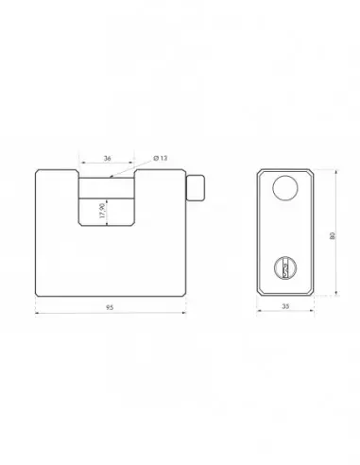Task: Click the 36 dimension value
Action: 108,158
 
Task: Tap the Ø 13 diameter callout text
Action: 161,158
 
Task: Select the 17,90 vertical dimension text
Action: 102,211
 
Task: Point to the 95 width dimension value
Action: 110,307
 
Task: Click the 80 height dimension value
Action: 333,236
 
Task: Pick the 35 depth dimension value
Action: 285,306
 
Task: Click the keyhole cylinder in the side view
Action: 285,267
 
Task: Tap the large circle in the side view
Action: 285,188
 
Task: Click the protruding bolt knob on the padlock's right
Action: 196,188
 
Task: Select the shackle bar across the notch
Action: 107,188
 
